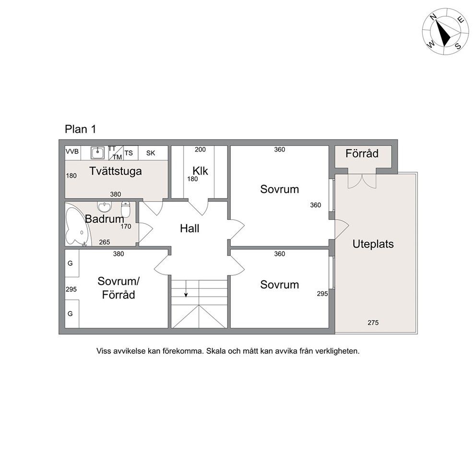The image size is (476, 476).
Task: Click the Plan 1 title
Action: click(x=81, y=130)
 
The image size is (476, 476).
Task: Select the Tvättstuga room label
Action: click(x=115, y=171)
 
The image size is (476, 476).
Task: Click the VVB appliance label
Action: click(x=72, y=151)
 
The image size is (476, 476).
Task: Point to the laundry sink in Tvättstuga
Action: click(x=98, y=153)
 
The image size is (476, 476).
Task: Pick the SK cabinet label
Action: click(x=151, y=153)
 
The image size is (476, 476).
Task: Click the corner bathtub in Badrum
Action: click(x=78, y=225)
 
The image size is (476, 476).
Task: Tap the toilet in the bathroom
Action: click(x=125, y=208)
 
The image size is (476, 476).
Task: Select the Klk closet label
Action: click(x=201, y=171)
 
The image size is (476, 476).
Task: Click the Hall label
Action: click(x=190, y=228)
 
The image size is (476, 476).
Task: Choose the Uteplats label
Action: click(x=373, y=244)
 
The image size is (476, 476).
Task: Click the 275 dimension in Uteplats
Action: click(x=373, y=322)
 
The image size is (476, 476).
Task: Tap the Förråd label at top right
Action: click(x=362, y=154)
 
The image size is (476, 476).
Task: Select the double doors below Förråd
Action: click(x=362, y=181)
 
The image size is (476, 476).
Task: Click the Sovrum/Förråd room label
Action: click(x=119, y=288)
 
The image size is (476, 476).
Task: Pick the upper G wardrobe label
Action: click(x=70, y=263)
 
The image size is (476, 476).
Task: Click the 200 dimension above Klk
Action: click(x=200, y=149)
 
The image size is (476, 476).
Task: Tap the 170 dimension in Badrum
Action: click(x=126, y=226)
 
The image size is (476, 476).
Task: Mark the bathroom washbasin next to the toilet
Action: click(x=105, y=207)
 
